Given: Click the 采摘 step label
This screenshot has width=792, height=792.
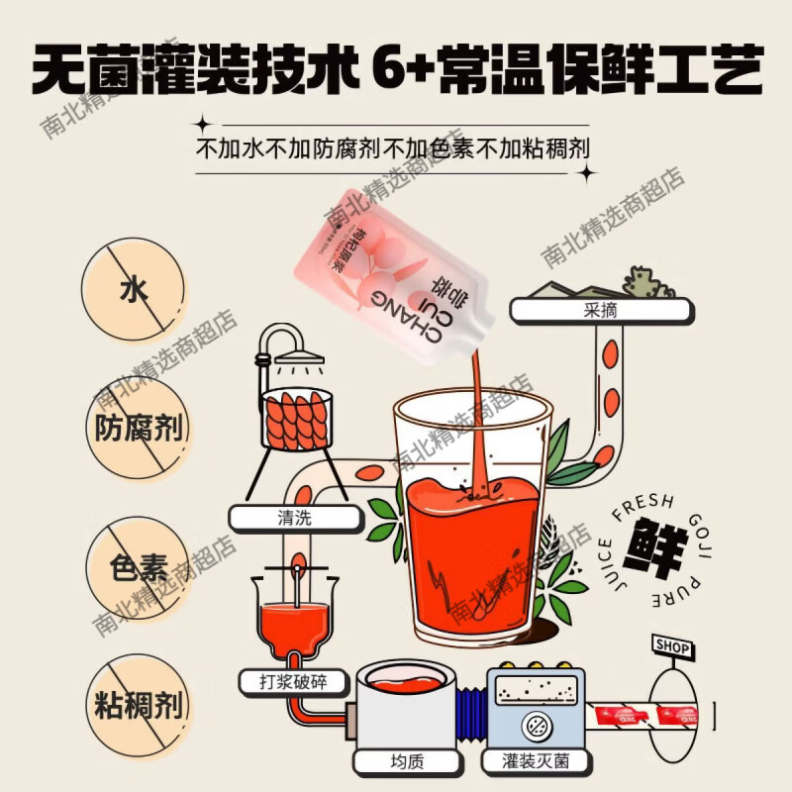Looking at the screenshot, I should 599,309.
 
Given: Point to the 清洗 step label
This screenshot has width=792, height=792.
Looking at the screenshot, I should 294,517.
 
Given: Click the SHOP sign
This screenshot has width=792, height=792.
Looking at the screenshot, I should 671,645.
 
